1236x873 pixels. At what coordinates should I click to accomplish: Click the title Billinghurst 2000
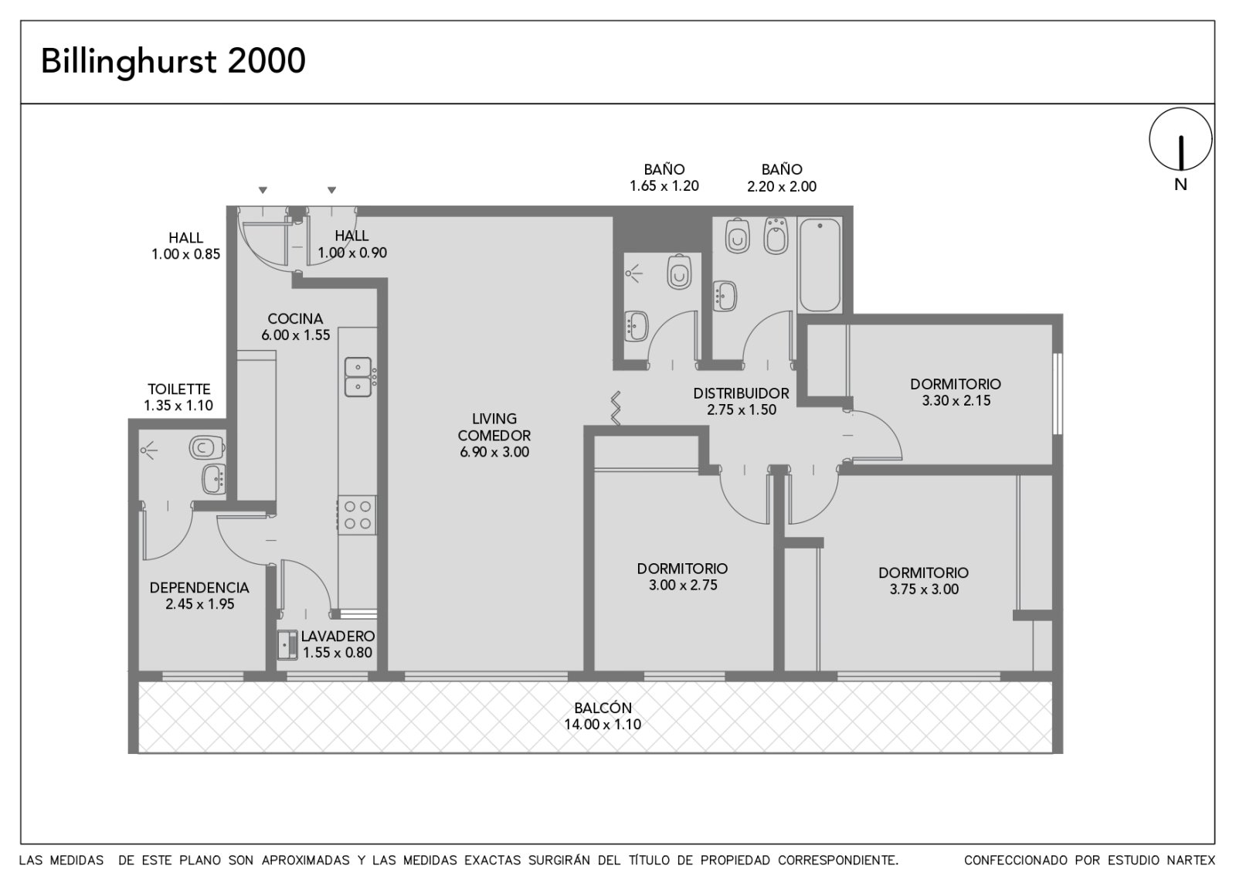click(173, 61)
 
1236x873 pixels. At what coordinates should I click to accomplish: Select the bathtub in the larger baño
click(820, 265)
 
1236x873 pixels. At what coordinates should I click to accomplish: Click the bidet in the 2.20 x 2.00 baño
click(776, 236)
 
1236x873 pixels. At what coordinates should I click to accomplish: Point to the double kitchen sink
click(358, 377)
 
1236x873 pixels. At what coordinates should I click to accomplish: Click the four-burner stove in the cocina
click(357, 515)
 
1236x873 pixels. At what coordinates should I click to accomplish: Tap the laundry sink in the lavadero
click(287, 645)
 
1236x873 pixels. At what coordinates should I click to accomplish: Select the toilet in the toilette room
click(206, 447)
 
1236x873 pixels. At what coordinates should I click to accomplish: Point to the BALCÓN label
click(603, 708)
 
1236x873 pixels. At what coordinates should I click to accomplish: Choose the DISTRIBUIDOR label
click(741, 393)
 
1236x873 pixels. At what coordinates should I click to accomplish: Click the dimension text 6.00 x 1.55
click(296, 335)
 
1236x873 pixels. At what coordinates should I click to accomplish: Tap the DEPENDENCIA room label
click(199, 588)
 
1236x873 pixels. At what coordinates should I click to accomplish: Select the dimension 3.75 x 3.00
click(924, 589)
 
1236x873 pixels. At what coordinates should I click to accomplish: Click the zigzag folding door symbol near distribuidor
click(615, 409)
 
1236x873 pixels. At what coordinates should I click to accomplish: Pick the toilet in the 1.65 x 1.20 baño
click(679, 271)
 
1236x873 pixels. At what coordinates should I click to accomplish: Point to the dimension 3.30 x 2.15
click(956, 401)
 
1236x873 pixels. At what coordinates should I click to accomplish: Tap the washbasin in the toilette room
click(213, 478)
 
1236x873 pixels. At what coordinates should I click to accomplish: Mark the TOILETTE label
click(178, 389)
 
